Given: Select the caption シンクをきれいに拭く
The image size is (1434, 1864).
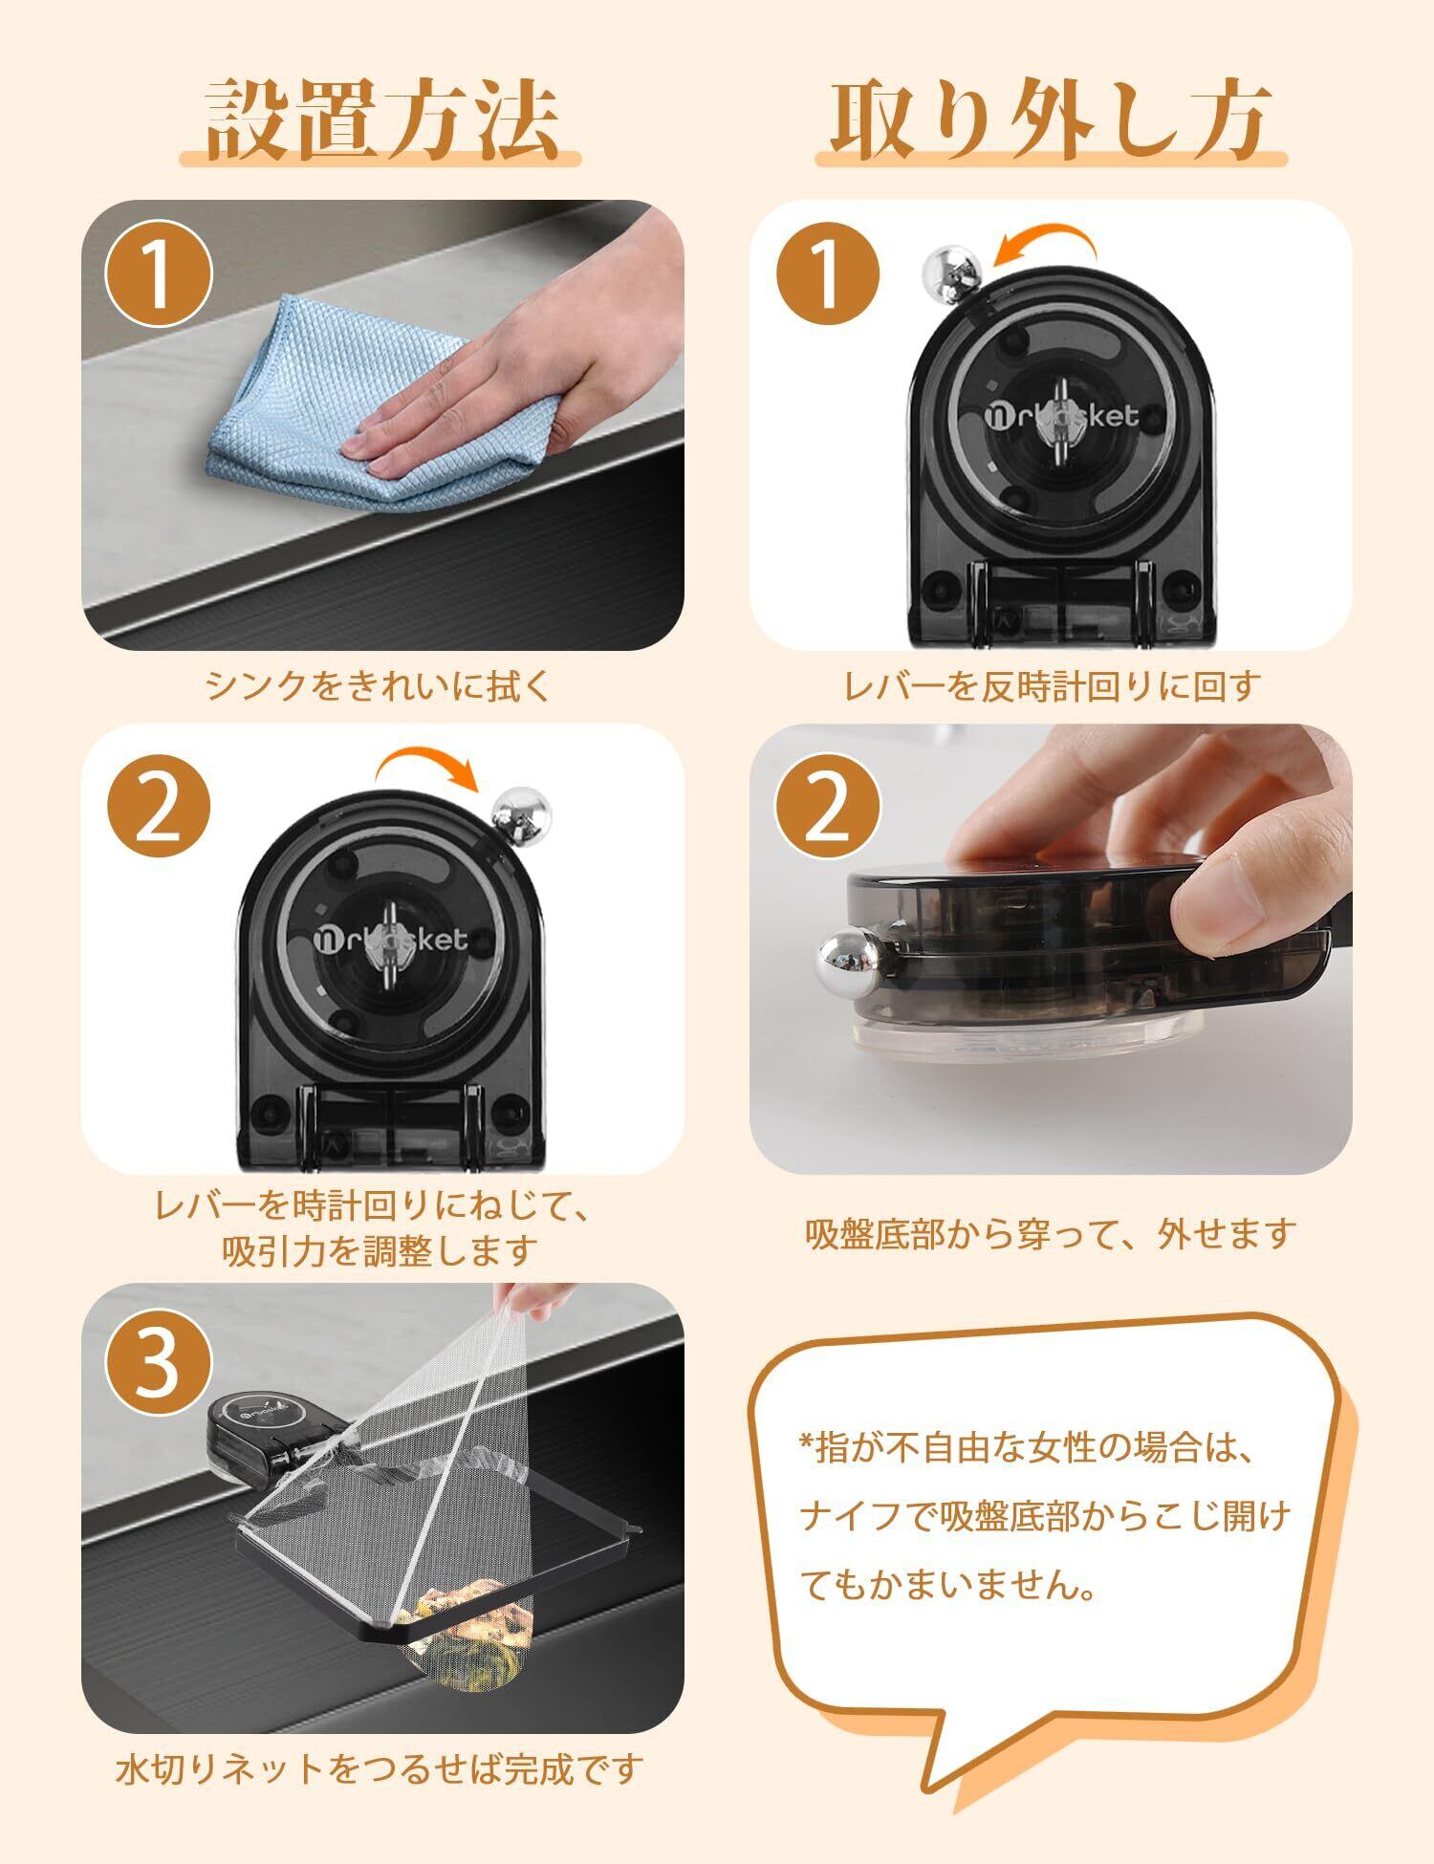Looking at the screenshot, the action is [x=380, y=685].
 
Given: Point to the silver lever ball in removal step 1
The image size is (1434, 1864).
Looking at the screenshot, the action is [x=949, y=273].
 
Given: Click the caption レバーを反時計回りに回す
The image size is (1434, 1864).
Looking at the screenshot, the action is [x=1050, y=685].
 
